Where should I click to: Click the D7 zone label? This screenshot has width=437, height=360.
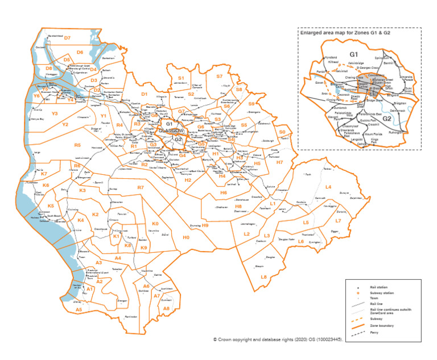pyautogui.click(x=67, y=38)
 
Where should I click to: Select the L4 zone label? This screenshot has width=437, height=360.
pyautogui.click(x=328, y=187)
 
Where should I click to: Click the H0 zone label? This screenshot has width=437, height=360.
pyautogui.click(x=185, y=237)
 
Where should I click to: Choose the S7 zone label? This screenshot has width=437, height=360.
pyautogui.click(x=220, y=76)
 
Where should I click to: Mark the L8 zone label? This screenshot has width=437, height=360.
pyautogui.click(x=263, y=277)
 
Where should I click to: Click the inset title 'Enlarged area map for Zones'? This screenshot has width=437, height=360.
pyautogui.click(x=349, y=33)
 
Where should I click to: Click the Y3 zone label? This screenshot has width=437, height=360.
pyautogui.click(x=55, y=114)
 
